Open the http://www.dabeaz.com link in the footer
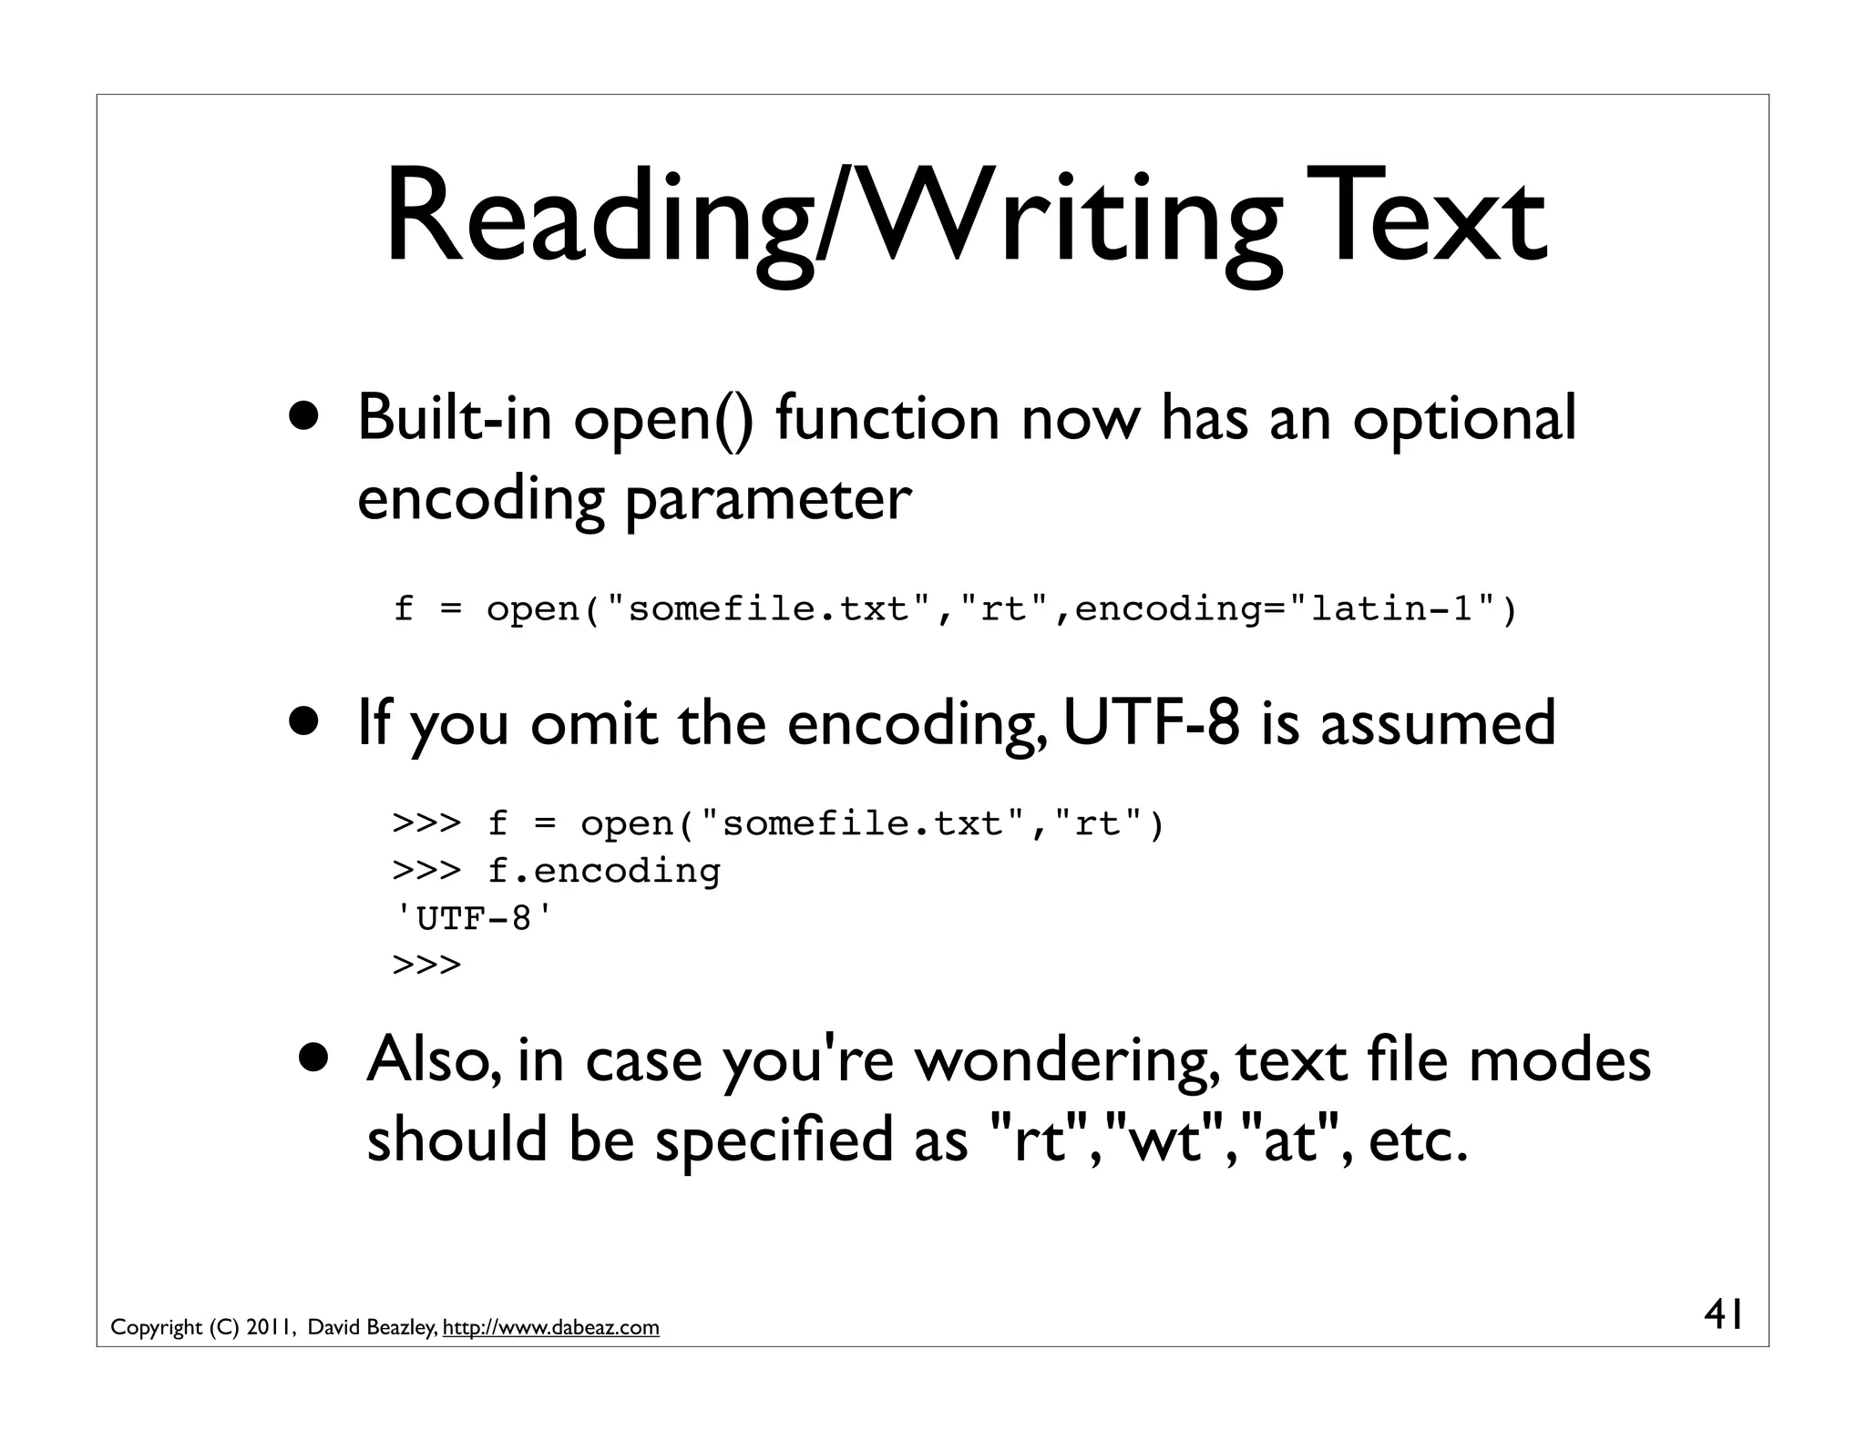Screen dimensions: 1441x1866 550,1328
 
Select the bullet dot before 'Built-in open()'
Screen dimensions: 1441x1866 306,416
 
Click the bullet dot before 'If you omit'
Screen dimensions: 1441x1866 306,721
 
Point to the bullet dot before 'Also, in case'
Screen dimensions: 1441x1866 315,1058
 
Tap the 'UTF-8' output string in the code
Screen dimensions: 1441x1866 472,918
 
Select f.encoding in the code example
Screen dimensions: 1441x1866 603,871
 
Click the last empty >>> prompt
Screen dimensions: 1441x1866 426,965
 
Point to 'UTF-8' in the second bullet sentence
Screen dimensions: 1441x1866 1151,722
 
